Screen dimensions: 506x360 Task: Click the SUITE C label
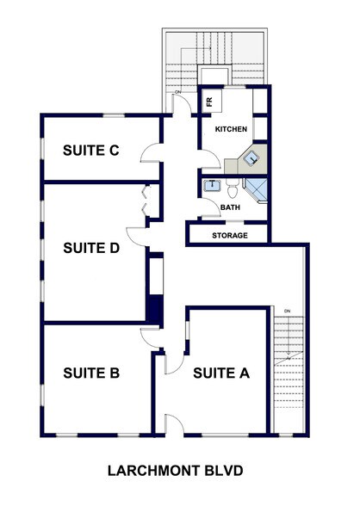[x=90, y=150]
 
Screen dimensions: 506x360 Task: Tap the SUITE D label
[x=90, y=248]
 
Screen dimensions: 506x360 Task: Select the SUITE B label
[x=90, y=373]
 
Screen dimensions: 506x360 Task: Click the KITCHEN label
[x=231, y=129]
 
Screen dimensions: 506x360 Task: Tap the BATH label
[x=230, y=207]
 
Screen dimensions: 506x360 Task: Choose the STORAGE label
[x=230, y=235]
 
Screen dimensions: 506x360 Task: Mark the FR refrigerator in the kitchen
[x=209, y=101]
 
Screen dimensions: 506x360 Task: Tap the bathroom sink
[x=210, y=184]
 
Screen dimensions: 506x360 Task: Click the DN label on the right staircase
[x=288, y=311]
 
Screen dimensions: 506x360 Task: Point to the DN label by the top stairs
[x=177, y=92]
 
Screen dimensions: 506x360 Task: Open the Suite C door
[x=152, y=155]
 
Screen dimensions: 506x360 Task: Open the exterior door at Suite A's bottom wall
[x=173, y=422]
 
